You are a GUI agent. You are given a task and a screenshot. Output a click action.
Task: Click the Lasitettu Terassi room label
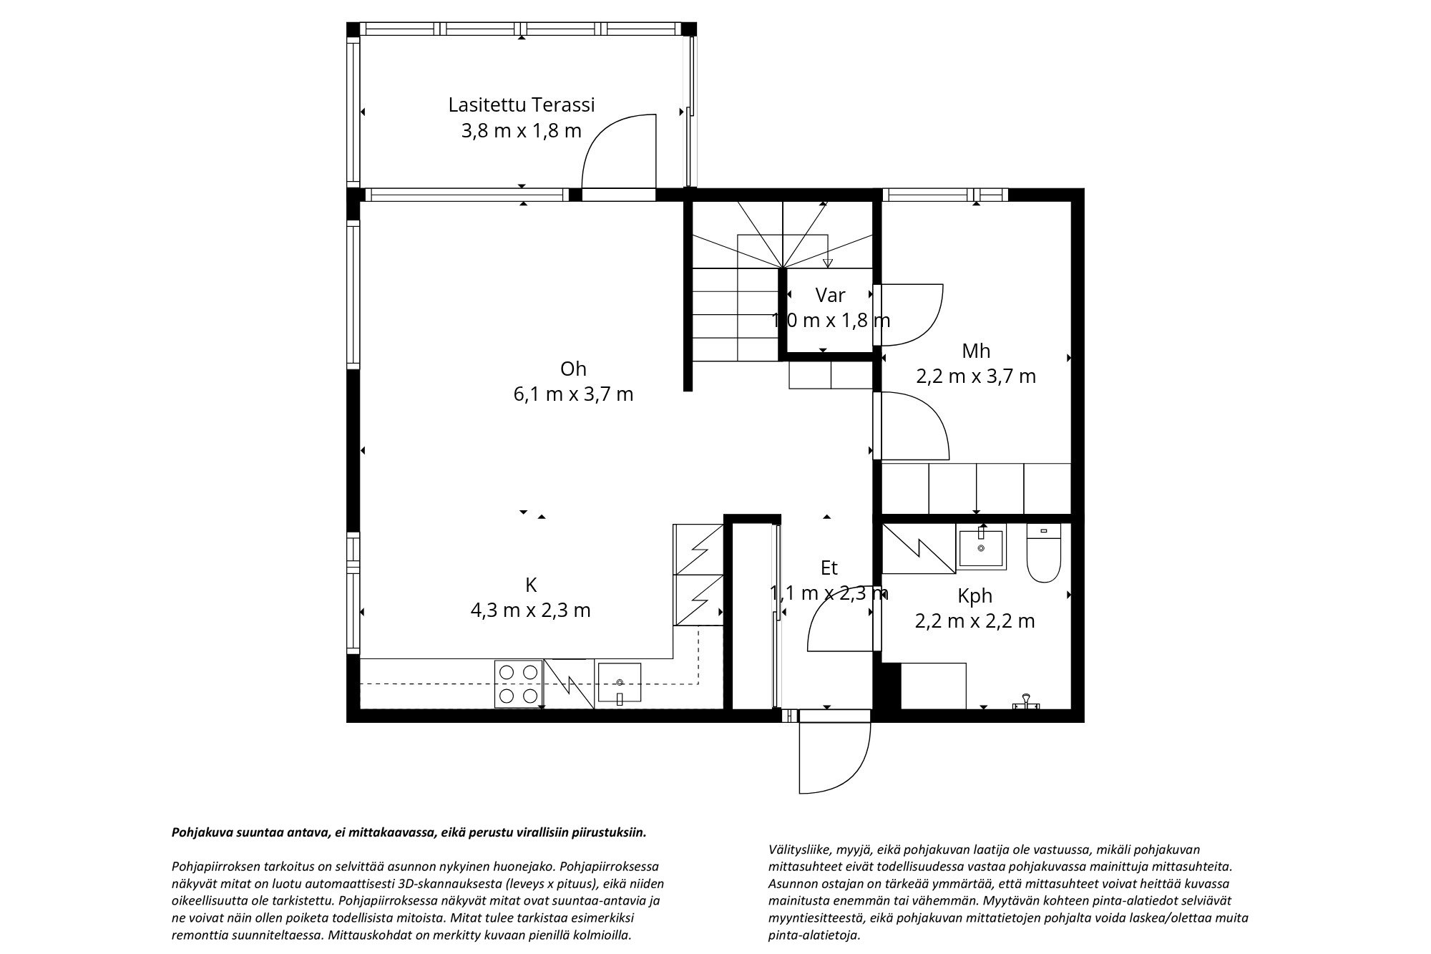[521, 105]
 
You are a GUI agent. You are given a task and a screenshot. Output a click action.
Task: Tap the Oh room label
[573, 369]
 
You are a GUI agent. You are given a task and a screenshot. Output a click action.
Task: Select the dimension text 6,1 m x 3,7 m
[573, 394]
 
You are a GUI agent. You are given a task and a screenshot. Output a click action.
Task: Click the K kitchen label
[531, 585]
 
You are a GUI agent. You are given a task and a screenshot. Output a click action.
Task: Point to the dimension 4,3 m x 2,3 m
[530, 610]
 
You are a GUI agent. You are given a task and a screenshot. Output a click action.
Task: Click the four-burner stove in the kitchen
[518, 683]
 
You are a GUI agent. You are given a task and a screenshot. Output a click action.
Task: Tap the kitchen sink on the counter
[619, 684]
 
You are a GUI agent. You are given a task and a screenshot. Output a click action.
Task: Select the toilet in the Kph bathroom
[1043, 553]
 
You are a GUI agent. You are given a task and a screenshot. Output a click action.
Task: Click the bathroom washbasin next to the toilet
[980, 547]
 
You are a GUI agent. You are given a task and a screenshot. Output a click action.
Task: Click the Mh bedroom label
[976, 351]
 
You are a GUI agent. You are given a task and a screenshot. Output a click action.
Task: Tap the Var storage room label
[830, 295]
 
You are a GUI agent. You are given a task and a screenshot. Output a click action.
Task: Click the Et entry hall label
[829, 568]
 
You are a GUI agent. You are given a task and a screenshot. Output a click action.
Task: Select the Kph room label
[975, 595]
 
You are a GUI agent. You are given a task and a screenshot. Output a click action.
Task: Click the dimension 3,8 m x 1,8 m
[521, 131]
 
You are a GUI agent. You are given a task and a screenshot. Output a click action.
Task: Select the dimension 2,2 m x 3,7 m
[976, 376]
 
